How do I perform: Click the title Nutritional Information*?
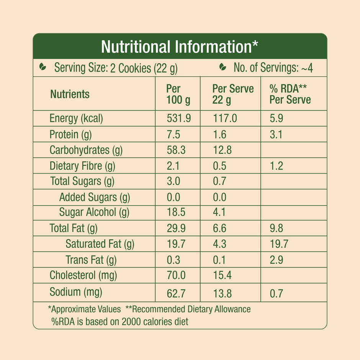click(x=180, y=47)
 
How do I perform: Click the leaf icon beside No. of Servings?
click(x=222, y=68)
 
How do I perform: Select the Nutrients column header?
click(x=70, y=94)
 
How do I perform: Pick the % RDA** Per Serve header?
click(x=290, y=94)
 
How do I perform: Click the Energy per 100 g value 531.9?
click(x=178, y=118)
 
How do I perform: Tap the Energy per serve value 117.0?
click(x=224, y=118)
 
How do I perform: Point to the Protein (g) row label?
click(x=70, y=134)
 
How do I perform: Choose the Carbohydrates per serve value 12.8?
click(x=222, y=150)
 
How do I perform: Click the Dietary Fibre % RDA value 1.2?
click(x=277, y=166)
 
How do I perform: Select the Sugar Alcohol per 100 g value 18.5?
click(x=176, y=212)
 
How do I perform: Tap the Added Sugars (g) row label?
click(x=95, y=197)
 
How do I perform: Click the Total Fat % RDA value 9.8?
click(x=277, y=228)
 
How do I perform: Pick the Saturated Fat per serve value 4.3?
click(x=219, y=244)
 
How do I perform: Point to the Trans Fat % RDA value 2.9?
click(x=277, y=260)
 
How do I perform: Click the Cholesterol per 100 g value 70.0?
click(x=176, y=275)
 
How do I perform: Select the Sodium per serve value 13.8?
click(x=222, y=294)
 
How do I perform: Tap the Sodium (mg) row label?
click(x=76, y=292)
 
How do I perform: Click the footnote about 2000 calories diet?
click(x=120, y=321)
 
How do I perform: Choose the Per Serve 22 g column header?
click(x=233, y=94)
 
